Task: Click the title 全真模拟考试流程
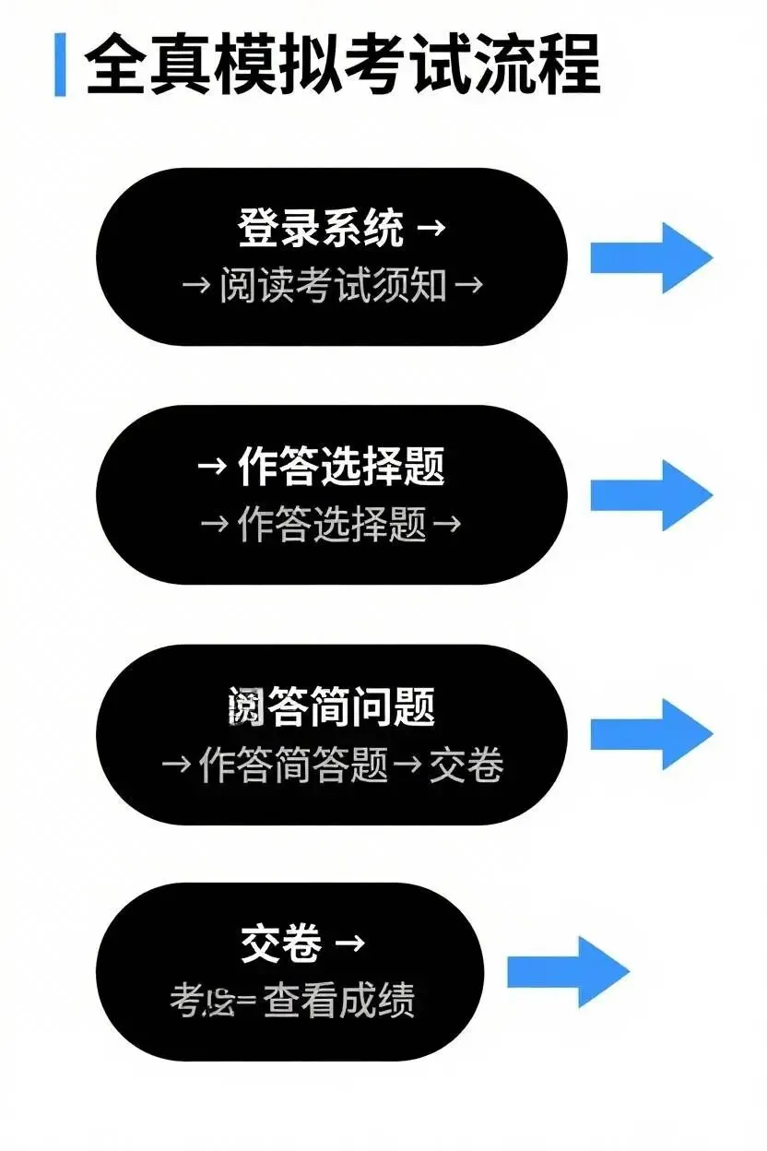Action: (x=342, y=64)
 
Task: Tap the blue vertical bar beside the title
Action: (x=60, y=64)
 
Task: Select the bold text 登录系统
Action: (x=321, y=228)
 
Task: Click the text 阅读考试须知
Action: (x=333, y=285)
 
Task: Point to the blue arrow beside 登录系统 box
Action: (x=651, y=257)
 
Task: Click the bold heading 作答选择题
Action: (x=341, y=467)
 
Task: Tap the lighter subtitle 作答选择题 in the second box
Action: (x=333, y=524)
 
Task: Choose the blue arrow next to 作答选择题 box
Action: (x=651, y=495)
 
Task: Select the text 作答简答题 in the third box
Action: (x=294, y=765)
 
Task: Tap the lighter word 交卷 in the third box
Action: (x=466, y=765)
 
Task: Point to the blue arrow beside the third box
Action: (x=651, y=733)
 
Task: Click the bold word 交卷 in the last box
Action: (x=281, y=944)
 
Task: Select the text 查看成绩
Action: (x=338, y=1000)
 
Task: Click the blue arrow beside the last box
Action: (x=568, y=971)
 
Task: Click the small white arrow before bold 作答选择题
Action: (x=212, y=467)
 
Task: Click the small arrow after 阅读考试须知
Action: (x=469, y=285)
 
